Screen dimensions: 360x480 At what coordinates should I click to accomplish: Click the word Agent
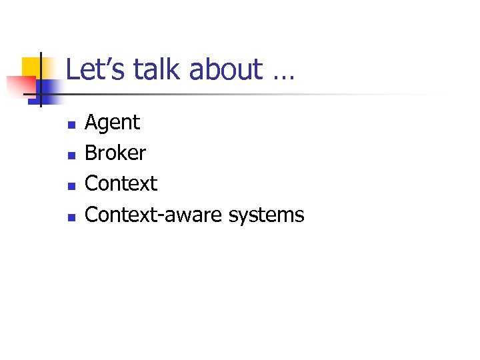click(x=113, y=123)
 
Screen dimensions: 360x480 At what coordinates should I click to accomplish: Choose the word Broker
click(x=115, y=153)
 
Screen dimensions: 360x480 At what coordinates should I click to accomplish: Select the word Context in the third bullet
click(x=121, y=183)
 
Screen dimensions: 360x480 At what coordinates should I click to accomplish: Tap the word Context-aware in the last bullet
click(x=155, y=215)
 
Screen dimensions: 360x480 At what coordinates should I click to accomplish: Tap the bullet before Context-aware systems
click(x=71, y=217)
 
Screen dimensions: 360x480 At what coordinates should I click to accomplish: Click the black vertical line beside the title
click(x=40, y=80)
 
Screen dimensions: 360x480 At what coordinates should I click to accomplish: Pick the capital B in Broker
click(x=91, y=153)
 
